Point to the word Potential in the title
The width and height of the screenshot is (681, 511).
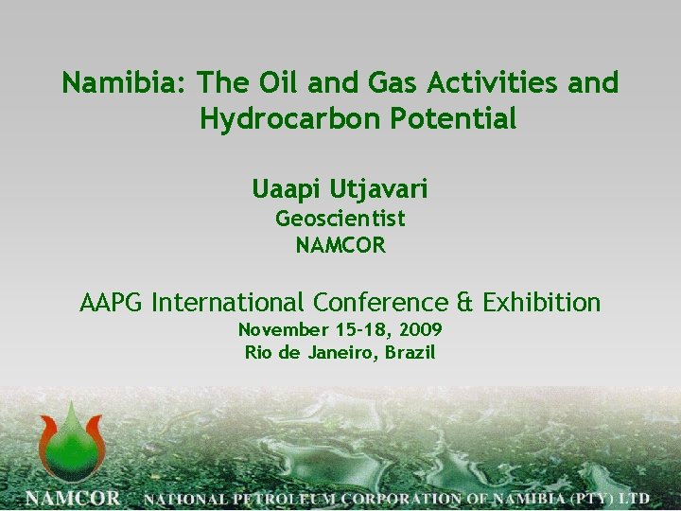463,119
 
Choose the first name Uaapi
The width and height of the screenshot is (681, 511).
288,189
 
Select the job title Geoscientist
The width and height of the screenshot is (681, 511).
340,219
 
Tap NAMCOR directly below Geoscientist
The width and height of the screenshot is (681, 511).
340,245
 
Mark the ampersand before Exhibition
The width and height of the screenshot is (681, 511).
464,303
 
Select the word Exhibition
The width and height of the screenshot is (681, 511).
540,303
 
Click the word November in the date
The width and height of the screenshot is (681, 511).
281,330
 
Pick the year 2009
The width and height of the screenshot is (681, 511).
421,330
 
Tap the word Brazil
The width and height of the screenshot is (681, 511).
410,353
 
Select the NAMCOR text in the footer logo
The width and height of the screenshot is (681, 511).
73,498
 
